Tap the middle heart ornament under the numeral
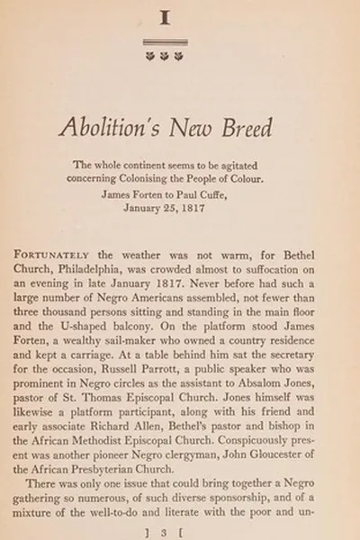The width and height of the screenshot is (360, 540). [165, 56]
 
